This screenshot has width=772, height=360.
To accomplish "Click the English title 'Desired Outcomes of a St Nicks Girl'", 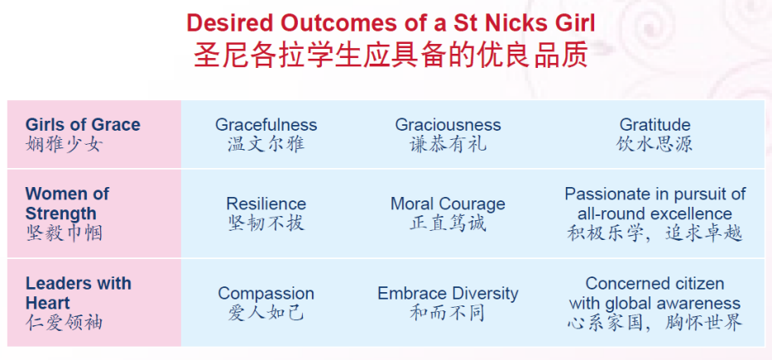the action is pos(391,22).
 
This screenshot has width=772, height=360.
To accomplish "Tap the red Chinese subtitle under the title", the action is pos(391,56).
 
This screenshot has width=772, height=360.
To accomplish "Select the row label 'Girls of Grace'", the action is pos(83,125).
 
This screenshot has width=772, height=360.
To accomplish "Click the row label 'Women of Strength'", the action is pos(67,204).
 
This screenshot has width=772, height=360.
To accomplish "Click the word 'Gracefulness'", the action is pos(266,125).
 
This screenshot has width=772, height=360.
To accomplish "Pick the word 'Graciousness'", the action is pos(448,125).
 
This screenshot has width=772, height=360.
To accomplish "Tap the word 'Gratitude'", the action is pos(655,125).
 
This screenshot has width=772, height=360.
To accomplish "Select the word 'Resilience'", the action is pos(266,204).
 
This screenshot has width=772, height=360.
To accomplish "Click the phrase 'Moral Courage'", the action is pos(448,204).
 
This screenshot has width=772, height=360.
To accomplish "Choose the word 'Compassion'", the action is pos(266,294).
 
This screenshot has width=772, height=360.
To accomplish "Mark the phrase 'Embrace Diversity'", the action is pos(448,294).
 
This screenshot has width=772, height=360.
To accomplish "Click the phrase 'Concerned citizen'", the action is pos(655,284).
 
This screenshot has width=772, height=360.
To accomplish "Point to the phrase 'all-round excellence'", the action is pos(655,214).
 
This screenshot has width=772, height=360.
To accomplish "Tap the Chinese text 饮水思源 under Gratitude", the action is pos(655,144).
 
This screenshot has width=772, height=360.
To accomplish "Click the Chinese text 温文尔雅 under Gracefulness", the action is pos(266,144).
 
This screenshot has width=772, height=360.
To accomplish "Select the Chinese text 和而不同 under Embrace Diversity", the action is pos(448,313).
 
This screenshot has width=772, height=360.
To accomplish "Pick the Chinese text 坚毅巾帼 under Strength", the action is pos(64,233).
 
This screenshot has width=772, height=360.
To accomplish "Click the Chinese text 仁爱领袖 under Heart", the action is pos(64,322).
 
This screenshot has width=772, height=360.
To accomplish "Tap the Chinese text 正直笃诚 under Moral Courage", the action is pos(448,223).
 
